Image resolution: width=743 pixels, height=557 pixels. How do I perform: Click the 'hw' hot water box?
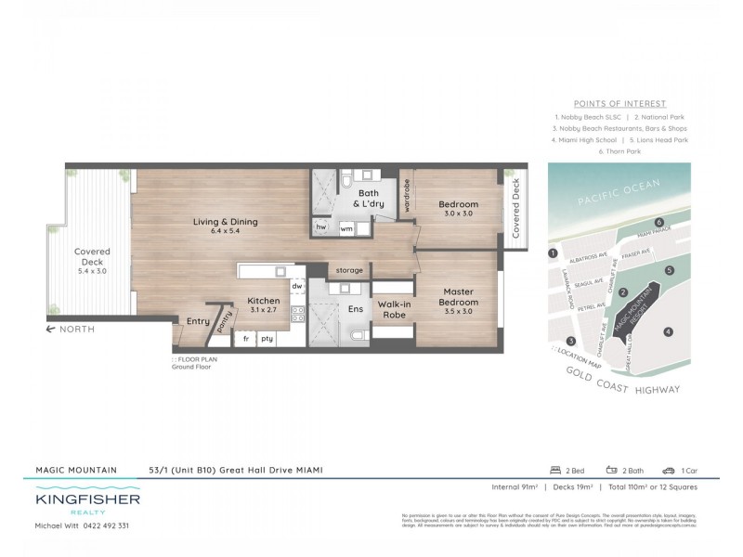(x=320, y=227)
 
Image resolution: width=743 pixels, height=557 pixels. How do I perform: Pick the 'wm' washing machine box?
(x=345, y=227)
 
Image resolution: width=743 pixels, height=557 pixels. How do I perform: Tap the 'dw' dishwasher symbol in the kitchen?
(x=297, y=286)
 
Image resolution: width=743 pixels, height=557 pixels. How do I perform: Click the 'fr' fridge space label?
(x=247, y=339)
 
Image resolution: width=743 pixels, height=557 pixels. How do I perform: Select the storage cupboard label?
(x=349, y=270)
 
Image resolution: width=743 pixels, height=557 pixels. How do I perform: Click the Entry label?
(x=198, y=321)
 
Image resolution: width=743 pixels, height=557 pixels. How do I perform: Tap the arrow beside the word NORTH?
(x=53, y=330)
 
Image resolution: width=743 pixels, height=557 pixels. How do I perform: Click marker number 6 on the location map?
(x=658, y=223)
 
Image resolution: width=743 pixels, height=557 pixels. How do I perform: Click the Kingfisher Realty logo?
(x=87, y=504)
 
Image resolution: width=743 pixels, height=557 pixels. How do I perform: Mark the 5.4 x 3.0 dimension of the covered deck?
(x=93, y=272)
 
